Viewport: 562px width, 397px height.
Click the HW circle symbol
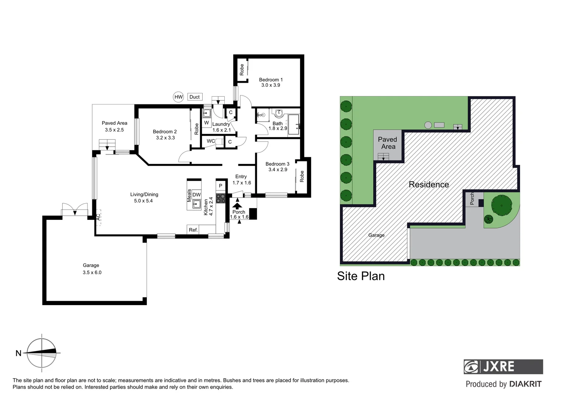click(178, 97)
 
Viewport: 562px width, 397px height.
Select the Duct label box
click(195, 97)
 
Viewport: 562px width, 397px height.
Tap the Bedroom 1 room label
click(271, 80)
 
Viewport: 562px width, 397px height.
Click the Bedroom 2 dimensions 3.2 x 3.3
click(165, 138)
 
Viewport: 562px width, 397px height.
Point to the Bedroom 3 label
click(277, 164)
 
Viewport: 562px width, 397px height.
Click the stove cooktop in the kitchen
click(221, 198)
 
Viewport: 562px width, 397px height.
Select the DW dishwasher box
click(196, 195)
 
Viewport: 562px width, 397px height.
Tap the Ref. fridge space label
click(193, 230)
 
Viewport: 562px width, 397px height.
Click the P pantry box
click(221, 186)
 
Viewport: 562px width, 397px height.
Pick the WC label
click(210, 141)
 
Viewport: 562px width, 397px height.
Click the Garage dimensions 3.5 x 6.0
click(92, 272)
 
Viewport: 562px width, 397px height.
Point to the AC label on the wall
click(98, 217)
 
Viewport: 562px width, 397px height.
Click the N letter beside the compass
click(18, 353)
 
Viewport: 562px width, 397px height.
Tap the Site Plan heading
click(360, 276)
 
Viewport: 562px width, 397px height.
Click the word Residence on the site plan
click(429, 185)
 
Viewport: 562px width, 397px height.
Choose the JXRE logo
click(503, 366)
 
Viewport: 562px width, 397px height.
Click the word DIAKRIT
click(525, 384)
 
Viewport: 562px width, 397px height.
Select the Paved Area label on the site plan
click(388, 143)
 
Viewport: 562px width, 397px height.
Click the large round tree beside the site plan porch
click(502, 205)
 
